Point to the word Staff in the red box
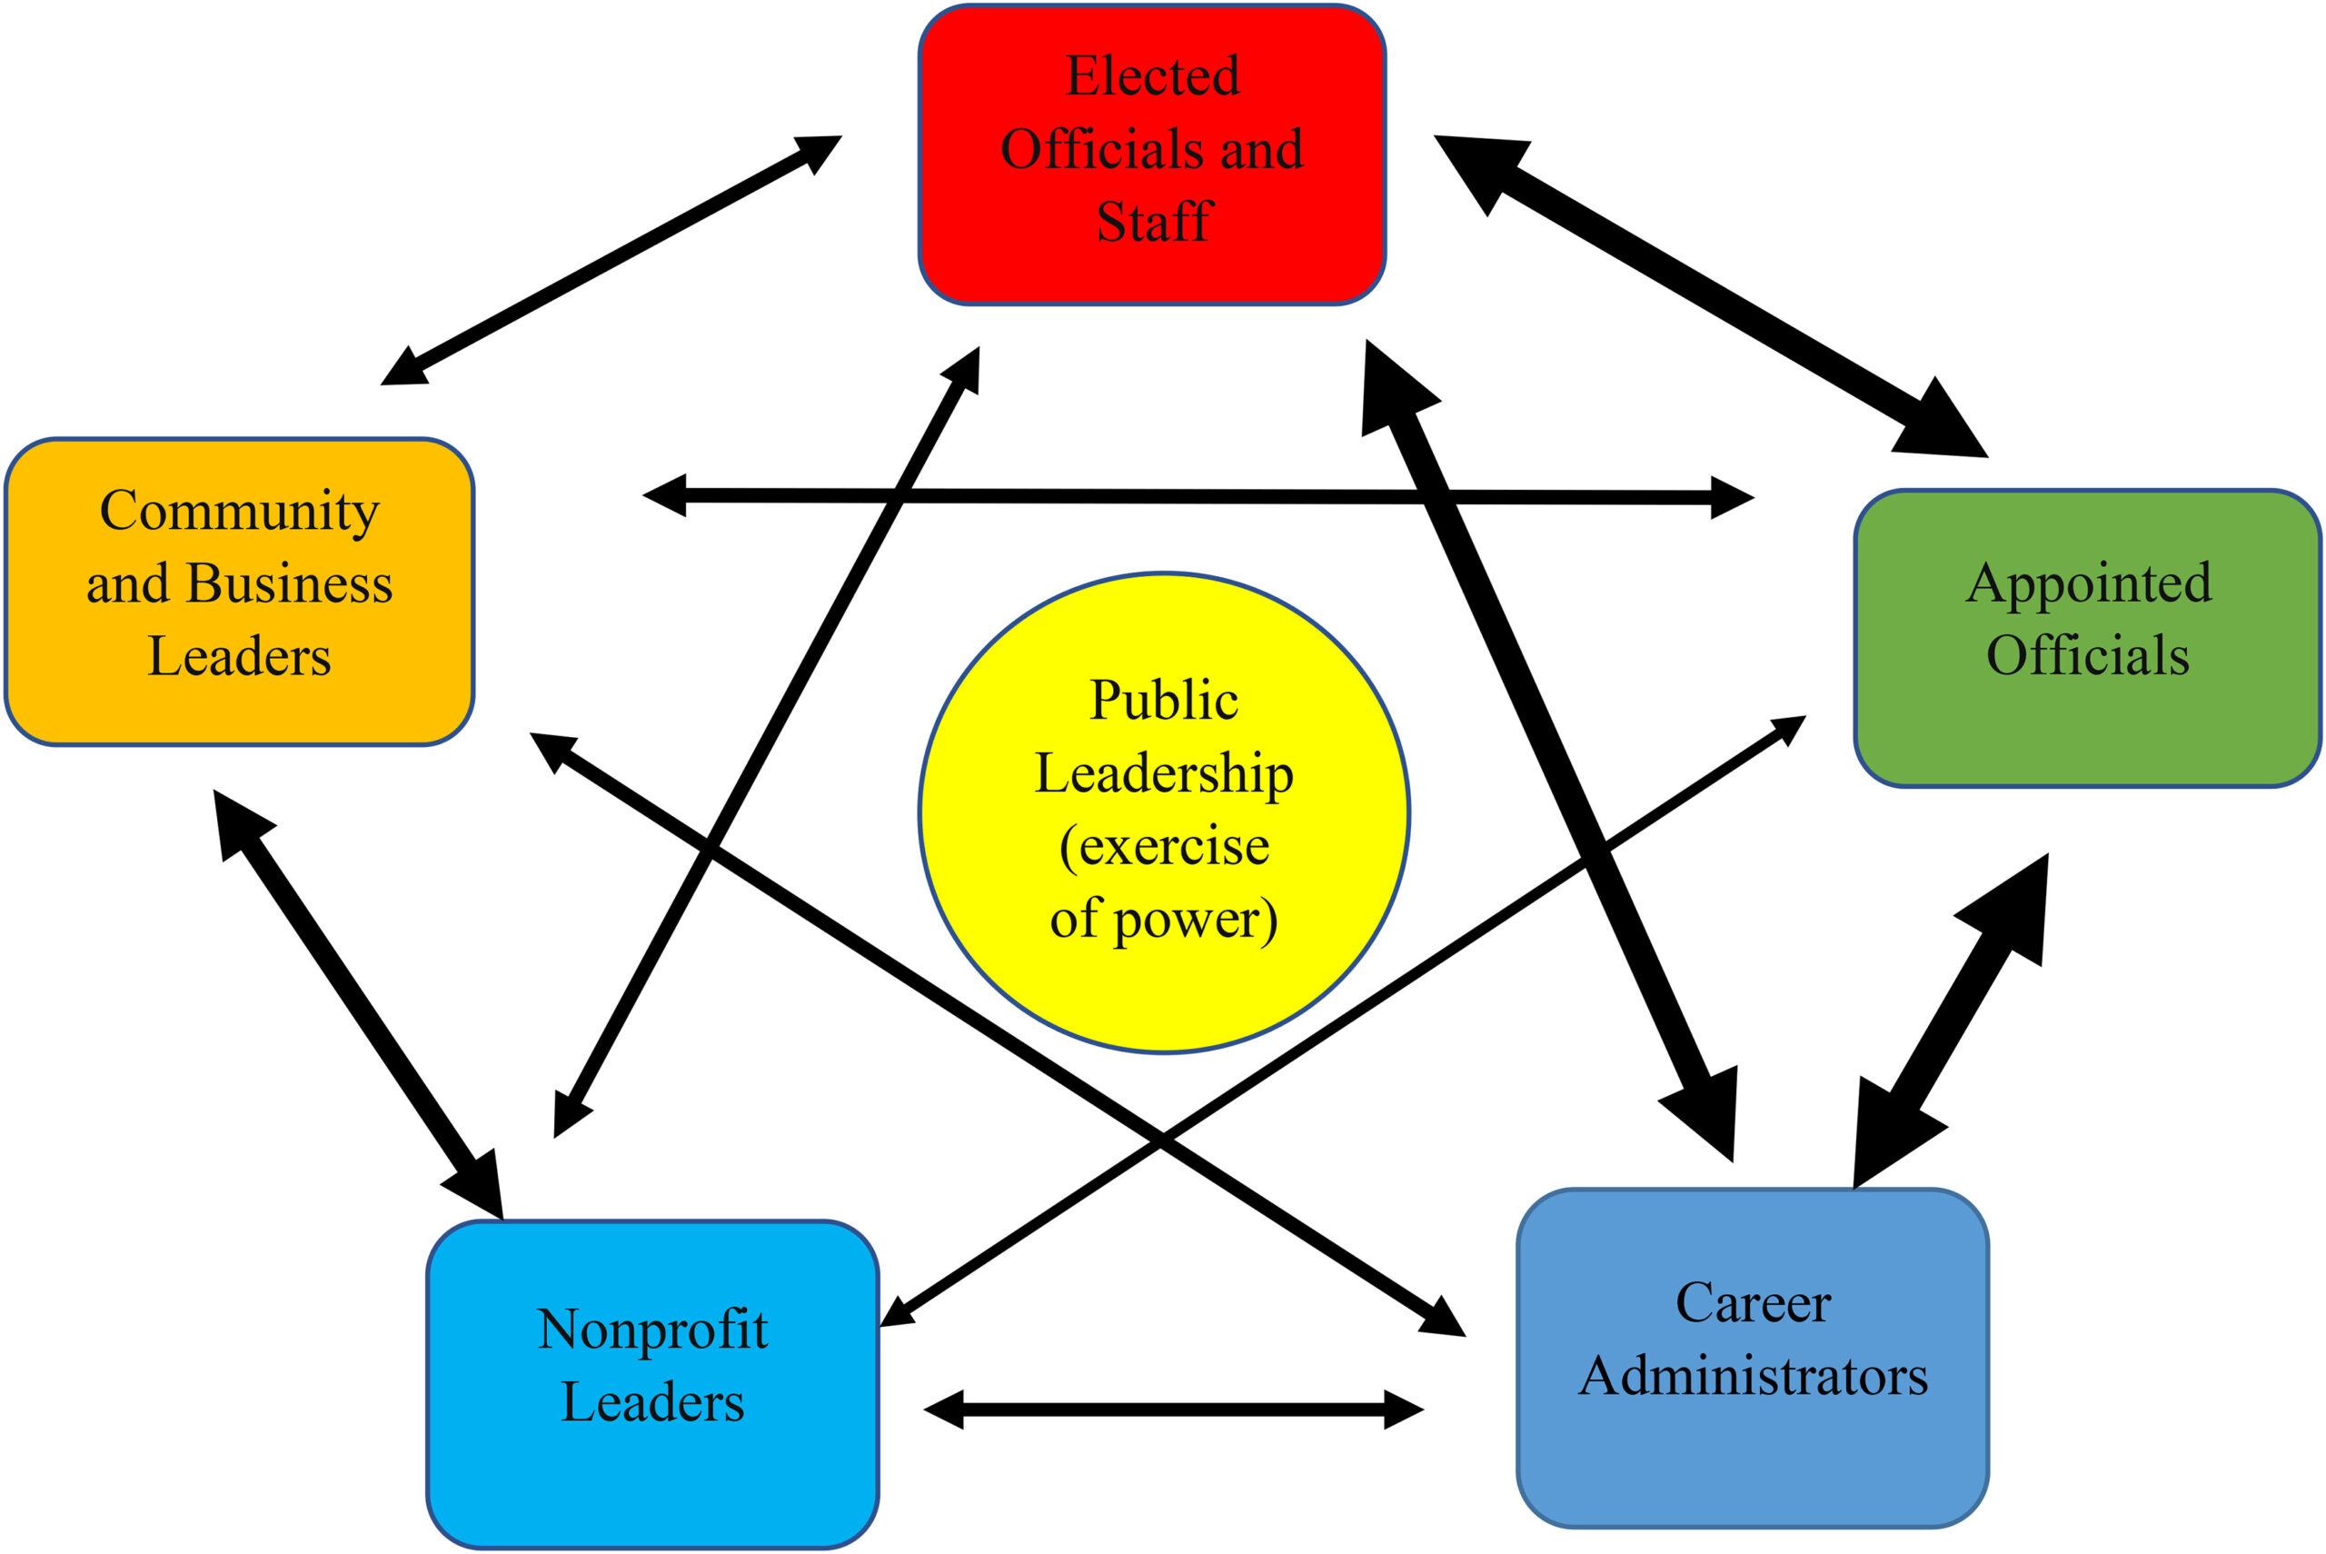tap(1154, 221)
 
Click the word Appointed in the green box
tap(2088, 582)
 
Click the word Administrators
tap(1753, 1376)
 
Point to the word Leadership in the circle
tap(1163, 773)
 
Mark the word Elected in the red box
tap(1152, 75)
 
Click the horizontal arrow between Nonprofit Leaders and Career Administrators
tap(1173, 1410)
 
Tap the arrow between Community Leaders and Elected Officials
tap(611, 260)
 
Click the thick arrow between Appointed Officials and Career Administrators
tap(1950, 1021)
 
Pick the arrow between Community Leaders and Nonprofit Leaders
tap(358, 1004)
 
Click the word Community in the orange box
tap(239, 512)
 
